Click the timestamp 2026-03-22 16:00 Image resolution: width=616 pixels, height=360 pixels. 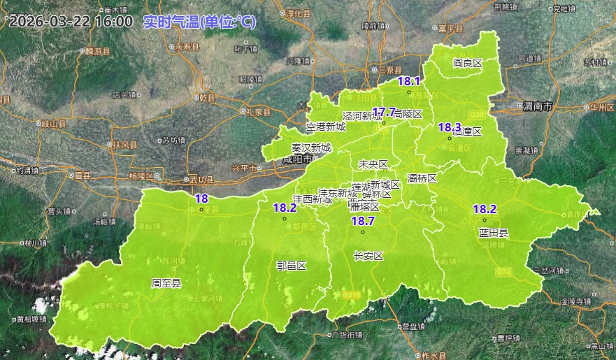tap(71, 22)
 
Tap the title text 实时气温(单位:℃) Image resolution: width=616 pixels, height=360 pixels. tap(199, 22)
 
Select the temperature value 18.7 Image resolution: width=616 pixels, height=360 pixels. tap(363, 221)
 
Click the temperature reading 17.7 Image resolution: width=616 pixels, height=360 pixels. tap(384, 112)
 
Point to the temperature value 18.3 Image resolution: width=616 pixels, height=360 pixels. tap(450, 127)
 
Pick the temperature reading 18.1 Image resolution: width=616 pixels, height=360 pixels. tap(409, 81)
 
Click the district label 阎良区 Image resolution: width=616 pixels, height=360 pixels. tap(468, 63)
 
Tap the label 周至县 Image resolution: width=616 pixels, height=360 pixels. tap(166, 283)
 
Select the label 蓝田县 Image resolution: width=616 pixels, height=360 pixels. tap(494, 233)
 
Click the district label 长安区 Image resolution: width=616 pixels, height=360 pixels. tap(369, 256)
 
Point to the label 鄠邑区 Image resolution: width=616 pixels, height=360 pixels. tap(292, 266)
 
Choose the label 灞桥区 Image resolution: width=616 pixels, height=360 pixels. tap(422, 178)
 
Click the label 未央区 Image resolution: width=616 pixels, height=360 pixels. tap(373, 164)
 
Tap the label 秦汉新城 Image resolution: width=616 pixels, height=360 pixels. tap(311, 148)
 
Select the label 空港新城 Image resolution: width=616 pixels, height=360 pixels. tap(326, 127)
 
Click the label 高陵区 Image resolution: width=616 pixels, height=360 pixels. tap(408, 114)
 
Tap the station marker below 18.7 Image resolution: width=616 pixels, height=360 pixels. tap(363, 232)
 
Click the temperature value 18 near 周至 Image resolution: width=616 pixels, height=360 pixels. tap(201, 199)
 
